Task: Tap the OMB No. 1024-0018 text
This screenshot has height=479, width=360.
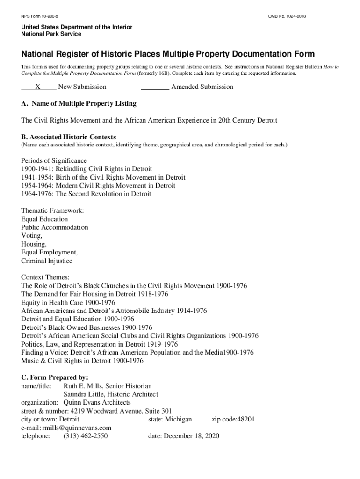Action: [x=287, y=17]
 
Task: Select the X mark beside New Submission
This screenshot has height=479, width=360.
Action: [x=38, y=87]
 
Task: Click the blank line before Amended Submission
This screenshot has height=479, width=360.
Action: [x=155, y=87]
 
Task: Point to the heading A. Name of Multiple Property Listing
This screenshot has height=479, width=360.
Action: [x=79, y=103]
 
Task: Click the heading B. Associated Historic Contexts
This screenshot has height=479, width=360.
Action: [x=69, y=137]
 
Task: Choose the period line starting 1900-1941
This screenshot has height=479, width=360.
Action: [x=86, y=169]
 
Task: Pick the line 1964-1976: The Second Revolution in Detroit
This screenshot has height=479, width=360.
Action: [x=86, y=194]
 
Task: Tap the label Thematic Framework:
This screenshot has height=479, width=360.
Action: [x=52, y=211]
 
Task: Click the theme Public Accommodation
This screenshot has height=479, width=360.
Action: [x=54, y=227]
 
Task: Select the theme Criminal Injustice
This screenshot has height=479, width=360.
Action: [x=47, y=261]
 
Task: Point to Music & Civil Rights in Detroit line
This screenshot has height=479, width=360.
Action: [x=82, y=361]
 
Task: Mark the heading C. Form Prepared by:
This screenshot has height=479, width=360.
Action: [x=55, y=377]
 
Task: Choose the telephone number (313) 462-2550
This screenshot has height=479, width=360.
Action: [x=86, y=436]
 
